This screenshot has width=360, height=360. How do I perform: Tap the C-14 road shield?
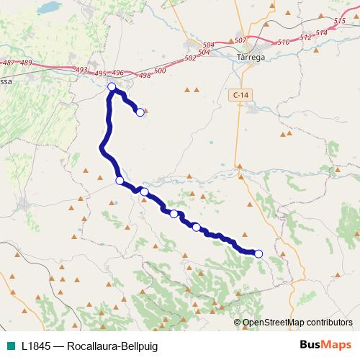point(240,94)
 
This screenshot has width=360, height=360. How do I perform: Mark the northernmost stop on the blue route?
point(112,87)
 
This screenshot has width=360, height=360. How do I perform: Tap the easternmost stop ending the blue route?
point(258,253)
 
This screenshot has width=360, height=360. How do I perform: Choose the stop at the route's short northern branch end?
point(140,112)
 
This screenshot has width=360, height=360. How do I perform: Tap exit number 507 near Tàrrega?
point(240,40)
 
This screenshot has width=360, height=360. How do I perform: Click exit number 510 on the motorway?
point(284,42)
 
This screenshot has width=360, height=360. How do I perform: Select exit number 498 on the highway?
point(145,75)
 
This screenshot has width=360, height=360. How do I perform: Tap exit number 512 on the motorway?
point(305,37)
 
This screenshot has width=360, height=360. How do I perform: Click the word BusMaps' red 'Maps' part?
point(335,344)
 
